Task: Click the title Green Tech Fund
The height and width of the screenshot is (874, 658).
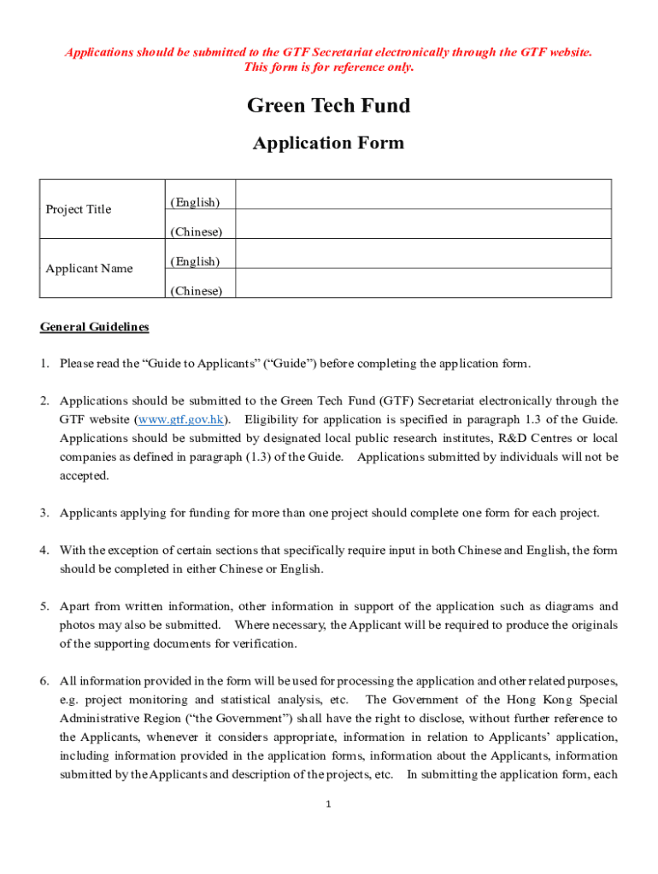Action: (328, 106)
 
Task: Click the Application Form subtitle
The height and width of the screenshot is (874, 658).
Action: (328, 143)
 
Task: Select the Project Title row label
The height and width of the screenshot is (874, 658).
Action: (78, 209)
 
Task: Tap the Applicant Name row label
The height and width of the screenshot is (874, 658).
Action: (89, 269)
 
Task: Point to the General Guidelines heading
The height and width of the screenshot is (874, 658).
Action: (94, 327)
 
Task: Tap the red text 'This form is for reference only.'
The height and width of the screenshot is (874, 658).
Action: (328, 67)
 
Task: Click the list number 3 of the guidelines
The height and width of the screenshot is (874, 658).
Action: (44, 513)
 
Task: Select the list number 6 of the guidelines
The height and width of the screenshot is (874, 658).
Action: (44, 681)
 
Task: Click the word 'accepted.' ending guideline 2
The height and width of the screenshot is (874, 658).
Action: (84, 475)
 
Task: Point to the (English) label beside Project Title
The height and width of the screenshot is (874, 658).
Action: (195, 202)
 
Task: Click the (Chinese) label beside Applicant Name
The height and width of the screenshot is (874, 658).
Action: (196, 291)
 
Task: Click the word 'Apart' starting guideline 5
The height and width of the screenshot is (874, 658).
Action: (75, 607)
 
